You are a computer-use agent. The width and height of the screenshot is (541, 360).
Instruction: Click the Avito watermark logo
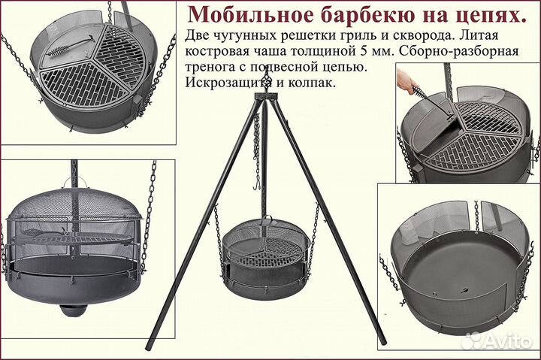(497, 340)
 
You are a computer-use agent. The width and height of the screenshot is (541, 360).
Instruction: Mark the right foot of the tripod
(382, 342)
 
